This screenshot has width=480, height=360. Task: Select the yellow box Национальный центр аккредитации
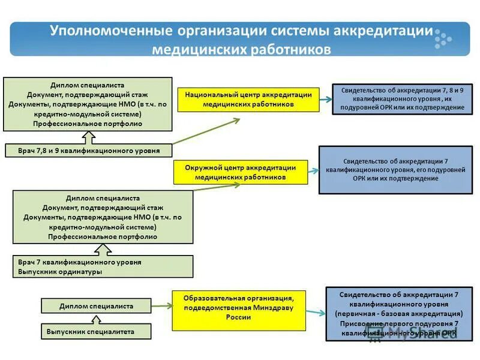click(248, 100)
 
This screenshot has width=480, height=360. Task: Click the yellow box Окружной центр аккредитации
click(241, 172)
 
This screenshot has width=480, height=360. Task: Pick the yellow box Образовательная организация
click(239, 310)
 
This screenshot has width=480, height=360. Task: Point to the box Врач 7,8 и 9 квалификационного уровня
click(88, 151)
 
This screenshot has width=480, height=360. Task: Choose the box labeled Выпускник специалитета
click(96, 331)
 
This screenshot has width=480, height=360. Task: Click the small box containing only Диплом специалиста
click(96, 306)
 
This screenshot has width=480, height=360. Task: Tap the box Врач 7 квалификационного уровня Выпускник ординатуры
click(103, 266)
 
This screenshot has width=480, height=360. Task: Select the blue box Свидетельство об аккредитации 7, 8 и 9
click(403, 98)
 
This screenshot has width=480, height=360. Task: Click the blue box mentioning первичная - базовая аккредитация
click(399, 314)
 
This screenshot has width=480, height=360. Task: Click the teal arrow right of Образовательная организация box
click(316, 311)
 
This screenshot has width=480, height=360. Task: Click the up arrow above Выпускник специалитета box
click(96, 319)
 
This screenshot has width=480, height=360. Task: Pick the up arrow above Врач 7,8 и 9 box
click(88, 138)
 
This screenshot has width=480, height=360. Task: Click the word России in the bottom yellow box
click(239, 318)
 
